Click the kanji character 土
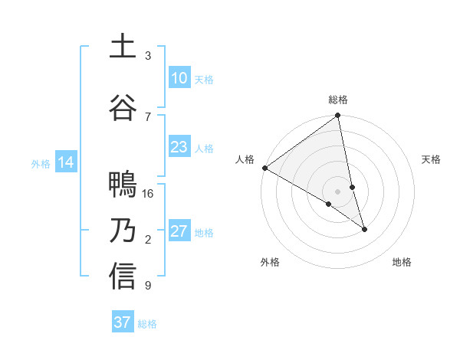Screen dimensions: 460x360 123,47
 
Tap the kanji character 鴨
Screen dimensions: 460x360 123,185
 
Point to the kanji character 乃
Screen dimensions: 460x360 123,231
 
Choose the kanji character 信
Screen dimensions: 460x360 123,277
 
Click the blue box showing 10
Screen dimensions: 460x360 179,78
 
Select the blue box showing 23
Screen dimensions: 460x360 179,147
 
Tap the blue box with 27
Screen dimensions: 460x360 179,231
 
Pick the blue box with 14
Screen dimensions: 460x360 65,162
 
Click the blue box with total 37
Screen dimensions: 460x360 122,322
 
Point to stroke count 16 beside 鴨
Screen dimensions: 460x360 148,194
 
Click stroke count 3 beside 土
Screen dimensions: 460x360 148,56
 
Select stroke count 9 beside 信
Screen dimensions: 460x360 148,286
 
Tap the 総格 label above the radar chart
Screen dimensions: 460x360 338,100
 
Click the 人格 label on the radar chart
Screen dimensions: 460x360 245,159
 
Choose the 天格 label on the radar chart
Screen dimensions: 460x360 432,159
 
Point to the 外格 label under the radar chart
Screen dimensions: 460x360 270,262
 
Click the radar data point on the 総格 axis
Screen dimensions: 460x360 338,116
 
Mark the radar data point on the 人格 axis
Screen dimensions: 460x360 264,168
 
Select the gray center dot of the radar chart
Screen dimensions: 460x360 338,191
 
